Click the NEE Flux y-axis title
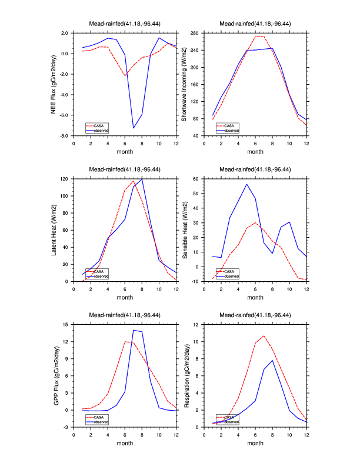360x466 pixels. tap(54, 84)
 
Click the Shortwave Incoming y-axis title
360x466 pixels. tap(184, 84)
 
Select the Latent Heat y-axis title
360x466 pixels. tap(54, 230)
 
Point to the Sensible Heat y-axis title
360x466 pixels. tap(184, 230)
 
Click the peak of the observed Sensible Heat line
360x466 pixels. tap(246, 184)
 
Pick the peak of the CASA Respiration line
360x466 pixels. tap(264, 336)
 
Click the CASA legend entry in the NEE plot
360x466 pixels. tap(98, 125)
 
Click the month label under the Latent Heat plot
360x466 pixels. tap(125, 297)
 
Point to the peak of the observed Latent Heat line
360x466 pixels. tap(142, 179)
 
